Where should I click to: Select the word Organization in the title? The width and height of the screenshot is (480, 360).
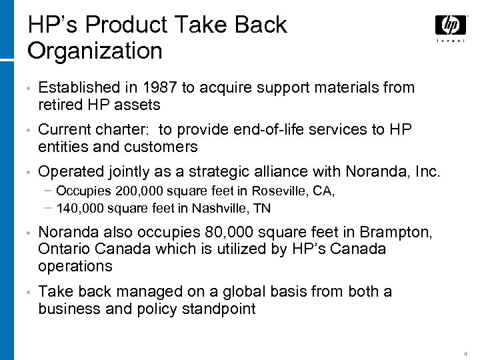click(95, 50)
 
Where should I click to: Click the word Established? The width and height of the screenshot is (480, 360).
click(79, 88)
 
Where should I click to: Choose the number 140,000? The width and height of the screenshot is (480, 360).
click(81, 208)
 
